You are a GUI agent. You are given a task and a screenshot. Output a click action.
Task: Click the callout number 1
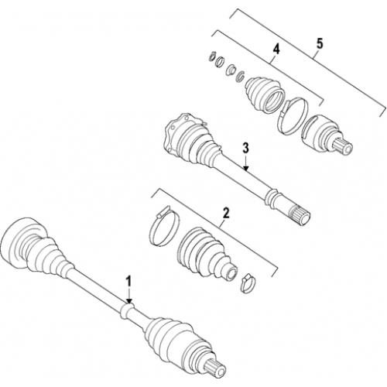(x=128, y=281)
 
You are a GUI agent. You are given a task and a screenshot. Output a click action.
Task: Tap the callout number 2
(x=225, y=214)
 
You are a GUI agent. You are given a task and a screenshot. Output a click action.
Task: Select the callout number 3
(x=245, y=149)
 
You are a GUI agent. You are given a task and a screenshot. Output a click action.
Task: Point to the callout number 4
(x=276, y=50)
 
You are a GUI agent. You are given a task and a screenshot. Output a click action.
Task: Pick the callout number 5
(x=320, y=44)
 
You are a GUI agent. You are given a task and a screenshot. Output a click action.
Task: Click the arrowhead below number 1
(x=129, y=300)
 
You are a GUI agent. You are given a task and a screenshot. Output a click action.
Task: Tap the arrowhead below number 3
(x=246, y=169)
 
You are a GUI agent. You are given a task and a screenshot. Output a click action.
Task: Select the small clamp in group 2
(x=247, y=283)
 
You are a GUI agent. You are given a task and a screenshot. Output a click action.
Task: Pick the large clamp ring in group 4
(x=293, y=116)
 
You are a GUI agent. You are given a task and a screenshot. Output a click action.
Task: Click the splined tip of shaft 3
(x=301, y=217)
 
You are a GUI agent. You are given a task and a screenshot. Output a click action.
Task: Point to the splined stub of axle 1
(x=215, y=368)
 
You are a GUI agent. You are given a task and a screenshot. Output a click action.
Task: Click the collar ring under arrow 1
(x=127, y=310)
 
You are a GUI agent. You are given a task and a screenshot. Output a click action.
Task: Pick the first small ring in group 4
(x=211, y=56)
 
